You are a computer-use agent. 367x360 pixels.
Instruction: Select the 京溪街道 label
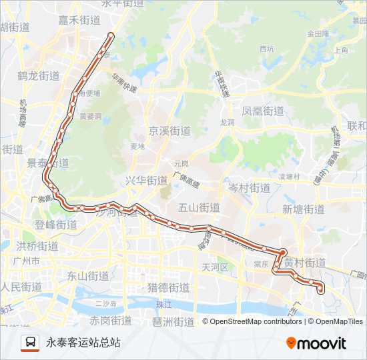point(169,131)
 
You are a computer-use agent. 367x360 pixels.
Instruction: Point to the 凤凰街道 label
point(264,111)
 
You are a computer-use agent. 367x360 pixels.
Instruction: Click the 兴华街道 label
point(146,181)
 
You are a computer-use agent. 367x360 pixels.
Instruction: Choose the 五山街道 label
point(199,207)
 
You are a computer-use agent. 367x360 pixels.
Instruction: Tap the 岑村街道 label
point(249,188)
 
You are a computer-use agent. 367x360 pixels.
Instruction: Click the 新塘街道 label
point(303,209)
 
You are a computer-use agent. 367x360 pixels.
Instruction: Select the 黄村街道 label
point(304,263)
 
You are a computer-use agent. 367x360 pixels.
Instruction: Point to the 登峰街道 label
point(56,225)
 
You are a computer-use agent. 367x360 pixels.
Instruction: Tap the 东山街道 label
point(87,275)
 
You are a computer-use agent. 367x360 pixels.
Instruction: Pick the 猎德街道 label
point(168,288)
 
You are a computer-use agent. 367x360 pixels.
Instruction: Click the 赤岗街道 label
point(111,321)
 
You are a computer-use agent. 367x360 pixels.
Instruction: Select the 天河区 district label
point(215,267)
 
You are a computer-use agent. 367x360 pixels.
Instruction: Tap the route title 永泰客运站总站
point(83,343)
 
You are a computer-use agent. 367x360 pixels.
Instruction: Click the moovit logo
point(316,343)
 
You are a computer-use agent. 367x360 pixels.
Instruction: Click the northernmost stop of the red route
point(111,35)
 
